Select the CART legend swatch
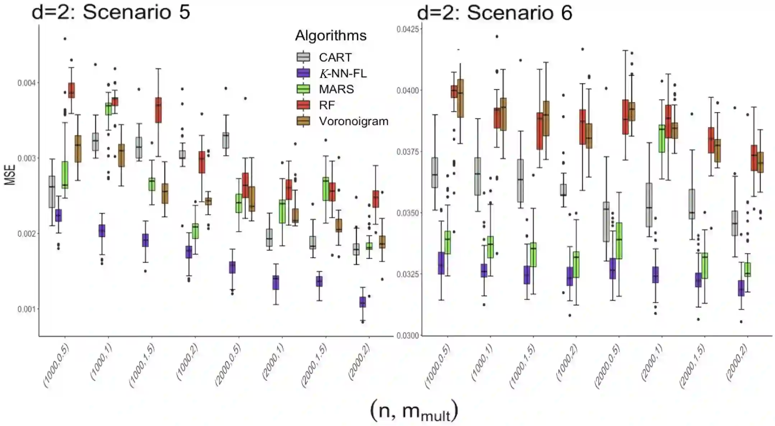303,57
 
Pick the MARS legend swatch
303,89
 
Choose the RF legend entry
326,105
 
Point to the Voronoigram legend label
353,121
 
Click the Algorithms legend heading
330,36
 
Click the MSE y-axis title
10,175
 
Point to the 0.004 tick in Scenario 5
27,83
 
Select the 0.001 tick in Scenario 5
27,309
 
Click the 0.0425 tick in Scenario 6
408,29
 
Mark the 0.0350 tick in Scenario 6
408,213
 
